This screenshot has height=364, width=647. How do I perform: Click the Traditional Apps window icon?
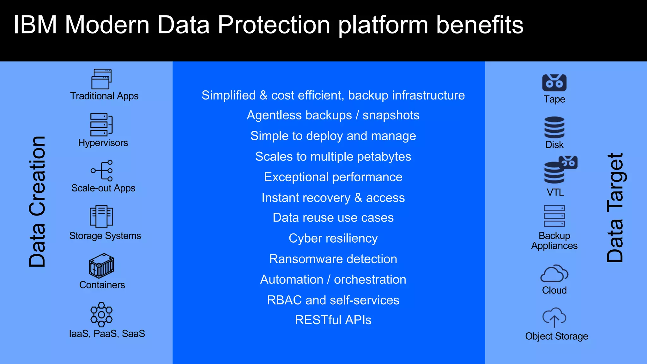[101, 79]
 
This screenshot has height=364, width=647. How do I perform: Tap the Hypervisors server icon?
[101, 125]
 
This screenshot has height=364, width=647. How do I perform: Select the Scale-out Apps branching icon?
[102, 171]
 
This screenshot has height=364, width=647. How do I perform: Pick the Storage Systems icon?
[101, 217]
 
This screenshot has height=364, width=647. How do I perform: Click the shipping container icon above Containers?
[101, 265]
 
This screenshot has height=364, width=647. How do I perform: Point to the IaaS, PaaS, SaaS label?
[107, 334]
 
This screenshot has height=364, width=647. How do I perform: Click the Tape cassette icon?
[554, 83]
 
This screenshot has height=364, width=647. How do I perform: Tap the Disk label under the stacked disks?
[554, 145]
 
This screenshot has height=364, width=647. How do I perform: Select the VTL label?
[555, 192]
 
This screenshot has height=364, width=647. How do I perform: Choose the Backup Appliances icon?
[554, 216]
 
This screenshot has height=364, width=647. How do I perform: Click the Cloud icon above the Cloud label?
[554, 274]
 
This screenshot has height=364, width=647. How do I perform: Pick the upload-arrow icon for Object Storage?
[554, 318]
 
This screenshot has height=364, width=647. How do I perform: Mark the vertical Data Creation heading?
[37, 202]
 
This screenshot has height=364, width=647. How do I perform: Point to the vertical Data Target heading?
[615, 208]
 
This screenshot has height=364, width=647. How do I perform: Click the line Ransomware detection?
[333, 259]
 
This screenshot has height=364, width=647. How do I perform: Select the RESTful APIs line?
[333, 320]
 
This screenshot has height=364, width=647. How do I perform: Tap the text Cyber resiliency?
[333, 239]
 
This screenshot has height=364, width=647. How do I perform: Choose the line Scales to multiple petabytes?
[333, 157]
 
